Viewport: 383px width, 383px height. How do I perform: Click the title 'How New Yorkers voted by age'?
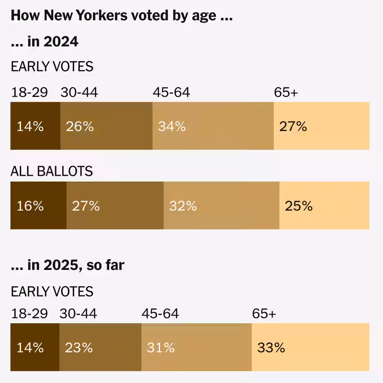tap(122, 15)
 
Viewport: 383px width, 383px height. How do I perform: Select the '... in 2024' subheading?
tap(45, 42)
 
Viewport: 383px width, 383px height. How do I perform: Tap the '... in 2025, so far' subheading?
tap(68, 265)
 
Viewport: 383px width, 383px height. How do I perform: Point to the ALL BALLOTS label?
tap(52, 171)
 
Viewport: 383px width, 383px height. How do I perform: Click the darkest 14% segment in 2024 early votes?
tap(35, 126)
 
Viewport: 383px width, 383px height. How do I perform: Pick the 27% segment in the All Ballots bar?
tap(115, 206)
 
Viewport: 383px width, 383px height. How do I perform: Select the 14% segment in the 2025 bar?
tap(34, 347)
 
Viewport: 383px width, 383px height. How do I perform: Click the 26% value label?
tap(80, 126)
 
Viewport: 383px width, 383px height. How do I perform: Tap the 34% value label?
tap(172, 126)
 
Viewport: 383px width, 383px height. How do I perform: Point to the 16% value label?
tap(30, 206)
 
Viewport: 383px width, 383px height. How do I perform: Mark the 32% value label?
tap(183, 206)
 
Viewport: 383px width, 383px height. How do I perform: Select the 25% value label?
tap(299, 206)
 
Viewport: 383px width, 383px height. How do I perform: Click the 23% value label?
tap(79, 347)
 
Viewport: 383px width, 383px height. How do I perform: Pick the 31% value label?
tap(161, 347)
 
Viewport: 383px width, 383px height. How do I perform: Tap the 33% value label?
tap(271, 347)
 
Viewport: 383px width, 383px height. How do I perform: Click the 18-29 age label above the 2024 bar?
tap(30, 92)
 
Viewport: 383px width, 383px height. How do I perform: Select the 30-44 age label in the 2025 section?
tap(78, 314)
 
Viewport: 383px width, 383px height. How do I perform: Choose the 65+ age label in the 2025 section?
tap(264, 314)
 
